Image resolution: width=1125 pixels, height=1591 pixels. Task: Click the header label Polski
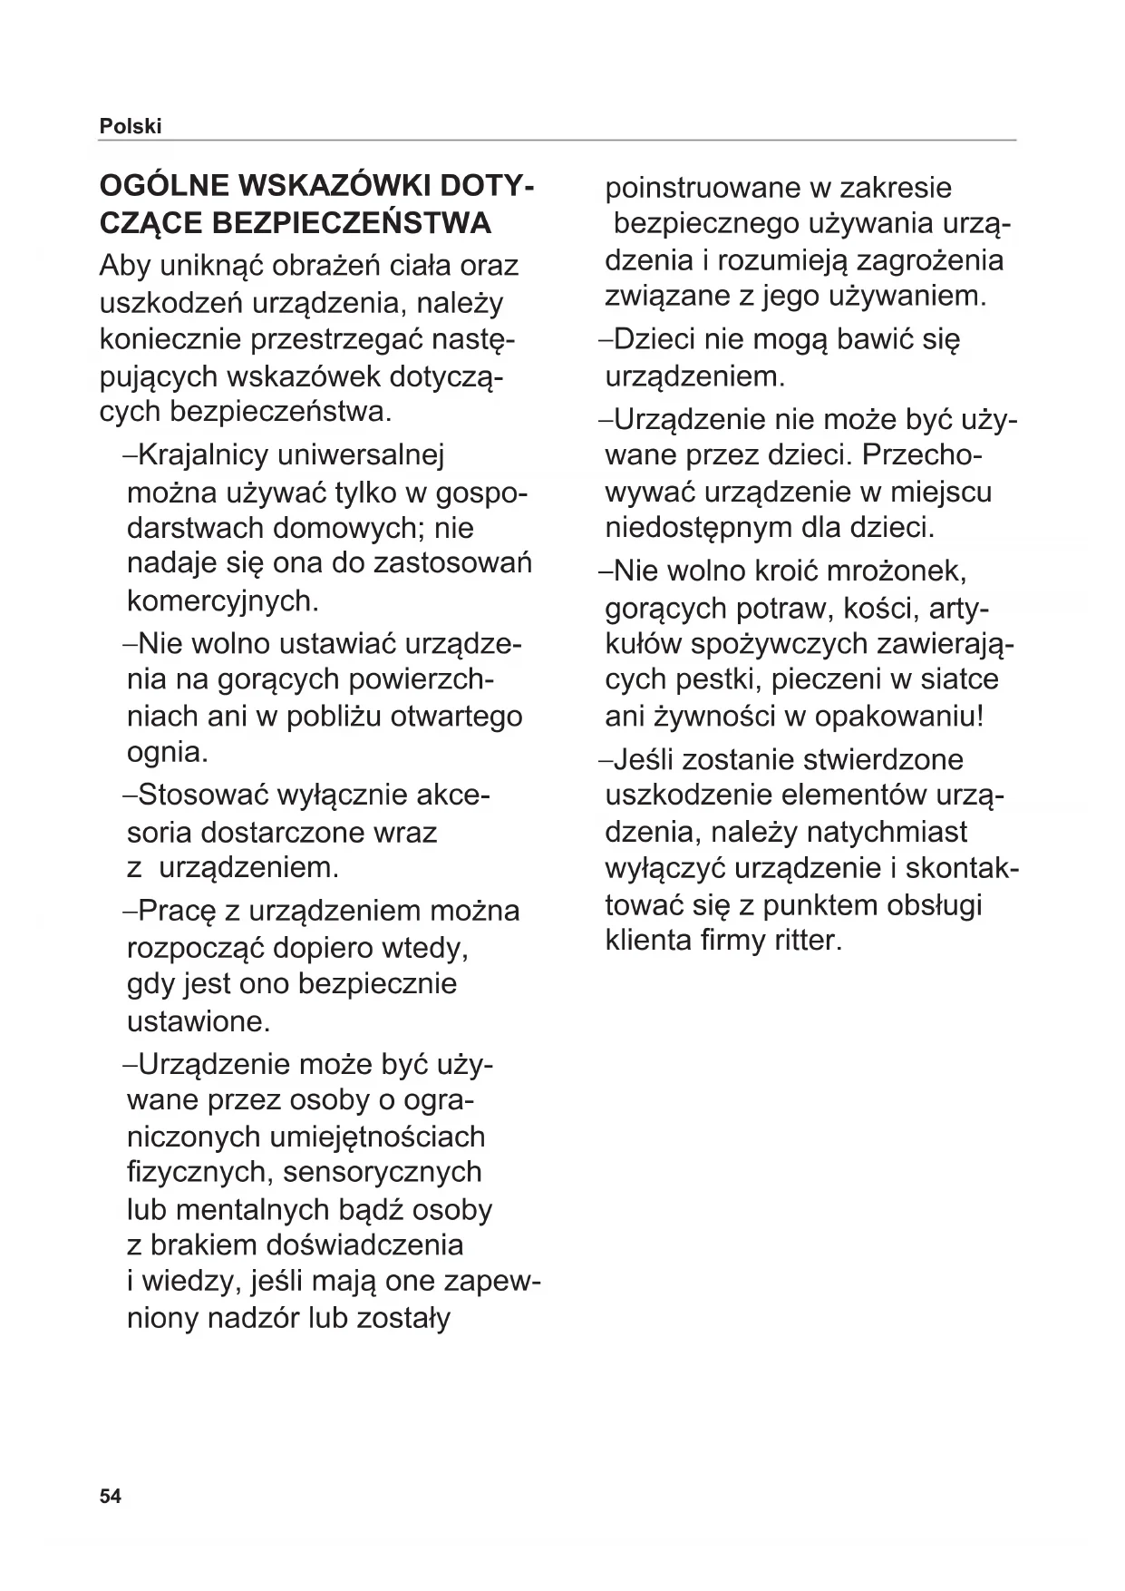131,127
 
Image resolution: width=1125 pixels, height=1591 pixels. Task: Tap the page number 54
110,1496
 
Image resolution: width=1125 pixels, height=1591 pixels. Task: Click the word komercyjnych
223,600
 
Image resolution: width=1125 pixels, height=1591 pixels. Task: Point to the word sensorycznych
383,1172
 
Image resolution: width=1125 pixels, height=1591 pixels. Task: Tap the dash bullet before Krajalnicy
130,455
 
